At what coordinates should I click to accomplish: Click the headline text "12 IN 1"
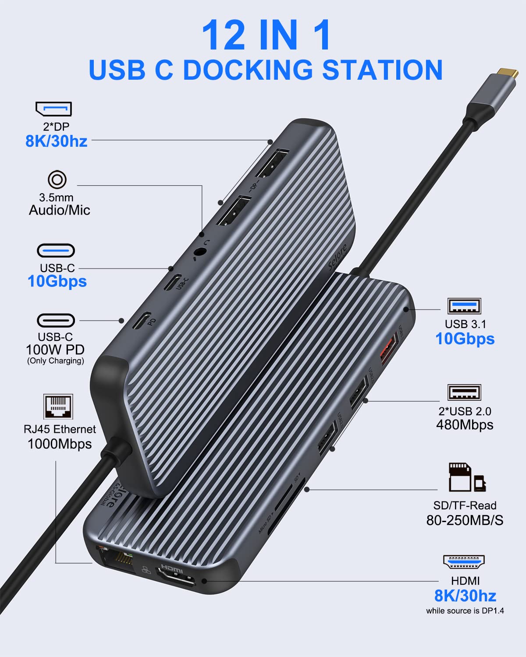pos(266,35)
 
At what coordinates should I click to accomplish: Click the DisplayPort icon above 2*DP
pos(53,109)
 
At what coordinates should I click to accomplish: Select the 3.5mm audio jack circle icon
pos(57,180)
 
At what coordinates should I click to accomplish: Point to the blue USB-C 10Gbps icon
pos(56,251)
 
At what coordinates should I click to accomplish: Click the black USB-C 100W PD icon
pos(56,320)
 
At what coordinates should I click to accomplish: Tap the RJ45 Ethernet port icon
pos(58,406)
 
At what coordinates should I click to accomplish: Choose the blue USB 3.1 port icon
pos(464,306)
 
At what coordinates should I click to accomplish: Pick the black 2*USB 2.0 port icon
pos(464,392)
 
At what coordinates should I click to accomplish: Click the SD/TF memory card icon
pos(467,477)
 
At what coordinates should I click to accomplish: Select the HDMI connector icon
pos(464,562)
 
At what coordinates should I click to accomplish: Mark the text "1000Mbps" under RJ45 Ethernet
pos(60,444)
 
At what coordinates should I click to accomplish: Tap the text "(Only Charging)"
pos(55,361)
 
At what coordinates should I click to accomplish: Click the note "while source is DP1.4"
pos(465,611)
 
